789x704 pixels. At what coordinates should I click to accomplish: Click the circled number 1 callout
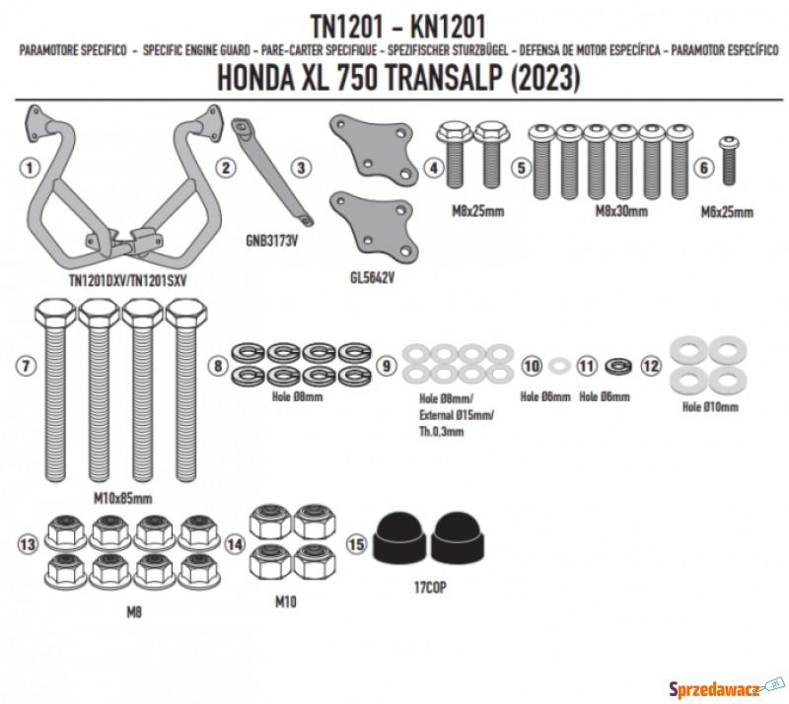pos(30,168)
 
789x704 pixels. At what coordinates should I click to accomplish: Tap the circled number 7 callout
pos(27,366)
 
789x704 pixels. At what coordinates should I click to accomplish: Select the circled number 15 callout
pos(357,544)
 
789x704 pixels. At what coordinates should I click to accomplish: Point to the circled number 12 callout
pos(651,366)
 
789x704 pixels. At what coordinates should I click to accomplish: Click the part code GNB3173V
pos(272,241)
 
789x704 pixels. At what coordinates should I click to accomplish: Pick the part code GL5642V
pos(373,278)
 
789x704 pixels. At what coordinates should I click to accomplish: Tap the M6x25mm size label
pos(727,212)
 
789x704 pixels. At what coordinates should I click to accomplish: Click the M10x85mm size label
pos(122,498)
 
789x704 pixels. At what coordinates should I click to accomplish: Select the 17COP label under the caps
pos(430,588)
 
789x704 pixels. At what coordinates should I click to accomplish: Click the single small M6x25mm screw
pos(729,160)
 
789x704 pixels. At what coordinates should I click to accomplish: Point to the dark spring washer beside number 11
pos(618,366)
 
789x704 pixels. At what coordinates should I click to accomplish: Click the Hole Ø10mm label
pos(710,406)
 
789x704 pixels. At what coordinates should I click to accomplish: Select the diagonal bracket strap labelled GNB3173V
pos(272,172)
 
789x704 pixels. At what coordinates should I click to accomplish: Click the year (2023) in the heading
pos(545,78)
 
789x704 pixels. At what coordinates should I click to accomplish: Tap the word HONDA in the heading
pos(255,78)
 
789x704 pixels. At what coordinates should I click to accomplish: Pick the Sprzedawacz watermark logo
pos(727,688)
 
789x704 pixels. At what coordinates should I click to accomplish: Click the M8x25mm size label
pos(478,211)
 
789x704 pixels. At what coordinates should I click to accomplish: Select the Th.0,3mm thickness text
pos(441,431)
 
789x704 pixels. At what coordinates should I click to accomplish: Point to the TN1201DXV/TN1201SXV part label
pos(127,281)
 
